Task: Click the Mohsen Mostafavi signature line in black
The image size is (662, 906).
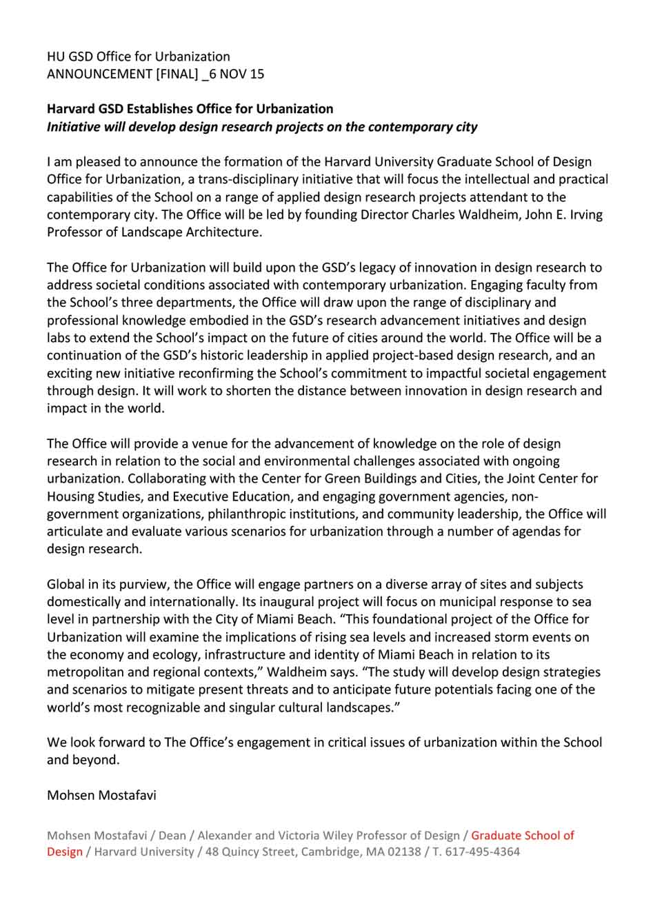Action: tap(101, 795)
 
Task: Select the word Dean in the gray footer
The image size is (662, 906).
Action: tap(172, 836)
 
